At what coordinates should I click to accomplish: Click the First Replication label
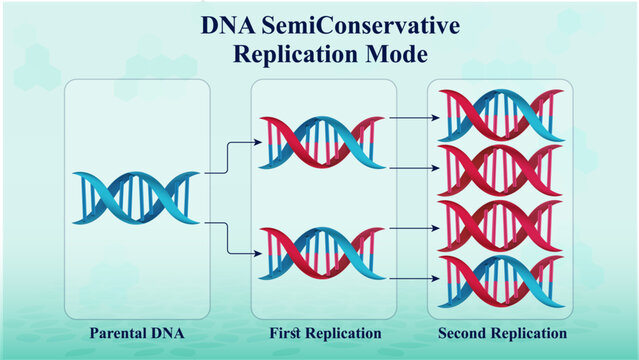[x=325, y=332]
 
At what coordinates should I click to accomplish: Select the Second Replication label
[x=503, y=332]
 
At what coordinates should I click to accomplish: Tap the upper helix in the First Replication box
[x=321, y=142]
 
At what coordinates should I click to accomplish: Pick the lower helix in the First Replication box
[x=321, y=252]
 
